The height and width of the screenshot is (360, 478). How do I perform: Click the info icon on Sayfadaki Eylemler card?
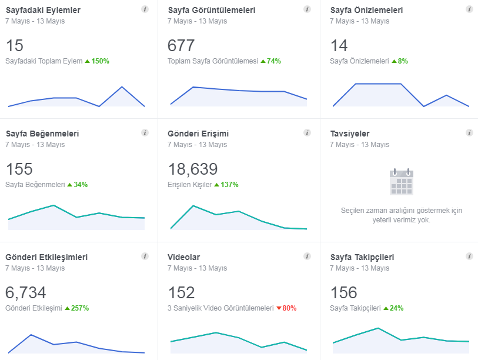pos(145,9)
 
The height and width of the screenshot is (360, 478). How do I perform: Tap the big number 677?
pos(181,45)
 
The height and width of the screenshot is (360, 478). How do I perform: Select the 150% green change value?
pos(101,61)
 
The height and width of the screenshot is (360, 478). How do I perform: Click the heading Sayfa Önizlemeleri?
pos(366,10)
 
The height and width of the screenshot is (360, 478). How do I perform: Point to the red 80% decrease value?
pos(289,308)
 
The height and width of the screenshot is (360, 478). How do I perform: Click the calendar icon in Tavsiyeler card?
pos(402,182)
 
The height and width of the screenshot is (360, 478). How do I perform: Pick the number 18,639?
pos(193,169)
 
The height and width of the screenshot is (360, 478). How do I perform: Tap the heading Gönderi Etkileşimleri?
pos(46,258)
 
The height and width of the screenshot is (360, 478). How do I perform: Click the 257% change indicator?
pos(80,308)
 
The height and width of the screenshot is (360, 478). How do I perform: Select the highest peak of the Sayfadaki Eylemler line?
pos(122,87)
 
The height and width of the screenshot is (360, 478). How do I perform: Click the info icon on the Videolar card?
pos(307,256)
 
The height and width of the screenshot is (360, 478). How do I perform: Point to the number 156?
pos(344,292)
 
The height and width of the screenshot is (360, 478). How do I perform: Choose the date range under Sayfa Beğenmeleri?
pos(35,145)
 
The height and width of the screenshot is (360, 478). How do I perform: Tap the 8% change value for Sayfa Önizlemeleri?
pos(403,61)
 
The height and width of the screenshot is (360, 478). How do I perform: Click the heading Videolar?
pos(184,257)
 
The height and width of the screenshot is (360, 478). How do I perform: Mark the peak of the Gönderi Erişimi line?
pos(193,206)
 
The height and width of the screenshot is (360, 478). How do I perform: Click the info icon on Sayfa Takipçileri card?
pos(469,256)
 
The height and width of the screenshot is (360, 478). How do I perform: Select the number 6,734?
pos(26,292)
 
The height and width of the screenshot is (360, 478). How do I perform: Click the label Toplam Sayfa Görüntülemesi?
pos(213,61)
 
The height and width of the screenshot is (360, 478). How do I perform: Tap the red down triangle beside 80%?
pos(279,308)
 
